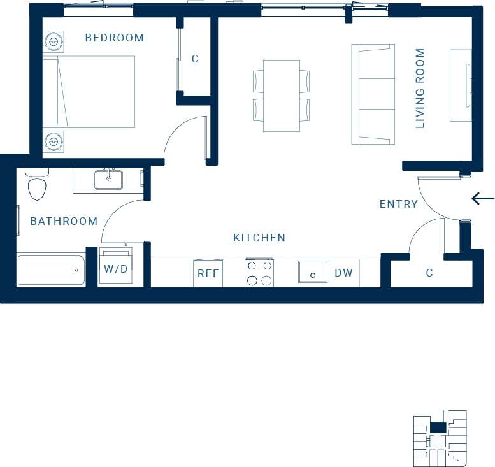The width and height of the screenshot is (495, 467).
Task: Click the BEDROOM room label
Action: click(115, 38)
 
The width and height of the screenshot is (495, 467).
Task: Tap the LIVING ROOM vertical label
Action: click(420, 89)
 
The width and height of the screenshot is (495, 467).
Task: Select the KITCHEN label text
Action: click(259, 238)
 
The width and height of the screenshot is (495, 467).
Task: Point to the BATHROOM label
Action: click(64, 221)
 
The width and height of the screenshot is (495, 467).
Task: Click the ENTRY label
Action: click(398, 204)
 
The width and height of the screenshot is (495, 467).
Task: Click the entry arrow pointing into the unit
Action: click(483, 199)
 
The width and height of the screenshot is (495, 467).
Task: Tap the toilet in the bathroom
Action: click(37, 184)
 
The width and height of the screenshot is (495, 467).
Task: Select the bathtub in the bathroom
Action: click(51, 270)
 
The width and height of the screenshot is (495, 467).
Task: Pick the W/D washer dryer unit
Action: click(116, 269)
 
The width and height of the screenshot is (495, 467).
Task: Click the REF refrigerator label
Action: click(208, 273)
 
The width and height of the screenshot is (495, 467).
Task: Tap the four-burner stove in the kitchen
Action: click(259, 273)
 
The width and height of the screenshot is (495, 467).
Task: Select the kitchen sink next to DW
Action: click(313, 273)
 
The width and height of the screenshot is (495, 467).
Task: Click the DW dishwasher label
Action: click(343, 273)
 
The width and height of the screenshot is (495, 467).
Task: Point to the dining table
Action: click(282, 96)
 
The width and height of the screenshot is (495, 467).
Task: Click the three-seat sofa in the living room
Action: click(373, 94)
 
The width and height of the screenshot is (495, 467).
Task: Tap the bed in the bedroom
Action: click(89, 92)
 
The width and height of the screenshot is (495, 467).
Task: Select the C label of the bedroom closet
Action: click(195, 59)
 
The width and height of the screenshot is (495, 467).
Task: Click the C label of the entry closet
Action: click(429, 273)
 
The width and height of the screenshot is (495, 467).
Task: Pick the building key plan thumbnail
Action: click(440, 438)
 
